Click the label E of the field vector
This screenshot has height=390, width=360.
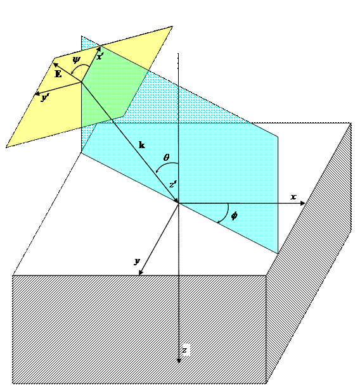58,74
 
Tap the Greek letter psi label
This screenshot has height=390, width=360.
77,60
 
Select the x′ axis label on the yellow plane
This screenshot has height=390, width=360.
100,57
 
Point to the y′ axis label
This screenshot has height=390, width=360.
45,97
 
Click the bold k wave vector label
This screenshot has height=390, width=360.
142,145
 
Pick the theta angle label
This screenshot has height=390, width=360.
166,158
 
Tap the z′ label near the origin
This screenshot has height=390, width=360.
173,185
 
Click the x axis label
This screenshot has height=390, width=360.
293,197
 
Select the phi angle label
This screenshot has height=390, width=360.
234,216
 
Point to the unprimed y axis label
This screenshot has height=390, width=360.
137,261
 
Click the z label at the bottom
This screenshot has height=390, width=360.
184,351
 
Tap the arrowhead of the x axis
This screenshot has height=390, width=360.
303,203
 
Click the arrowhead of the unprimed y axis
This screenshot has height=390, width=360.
141,272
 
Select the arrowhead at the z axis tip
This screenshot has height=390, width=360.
179,361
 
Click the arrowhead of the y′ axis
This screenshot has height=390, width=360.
37,94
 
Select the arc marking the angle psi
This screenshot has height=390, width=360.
80,66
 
